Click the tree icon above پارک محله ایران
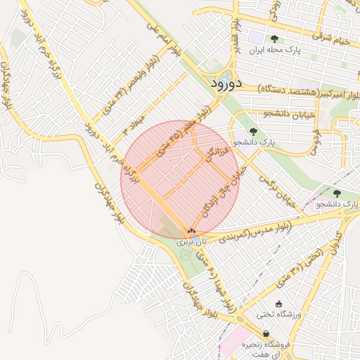[x=274, y=39]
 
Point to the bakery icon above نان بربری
[x=191, y=231]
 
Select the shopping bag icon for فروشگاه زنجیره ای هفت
[x=266, y=333]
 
